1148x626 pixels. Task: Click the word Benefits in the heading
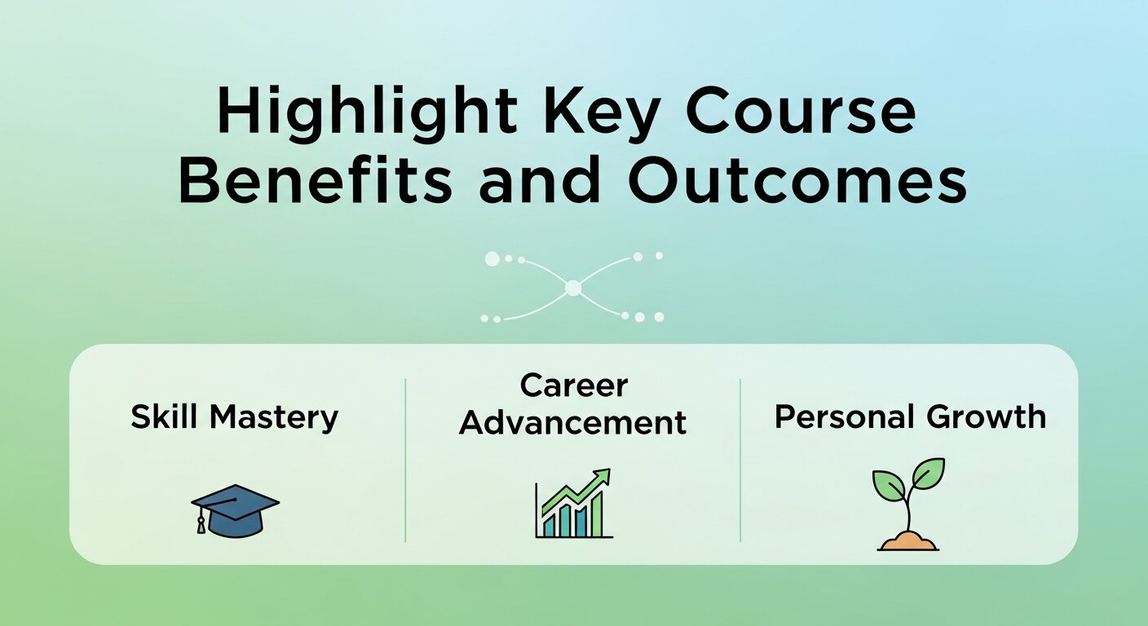click(315, 183)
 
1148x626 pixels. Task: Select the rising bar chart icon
click(573, 505)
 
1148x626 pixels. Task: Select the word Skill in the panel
click(163, 417)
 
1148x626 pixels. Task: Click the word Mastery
click(273, 417)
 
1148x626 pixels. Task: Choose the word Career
click(573, 386)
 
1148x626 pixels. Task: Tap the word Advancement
click(573, 423)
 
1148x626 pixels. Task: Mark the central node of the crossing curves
click(573, 287)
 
